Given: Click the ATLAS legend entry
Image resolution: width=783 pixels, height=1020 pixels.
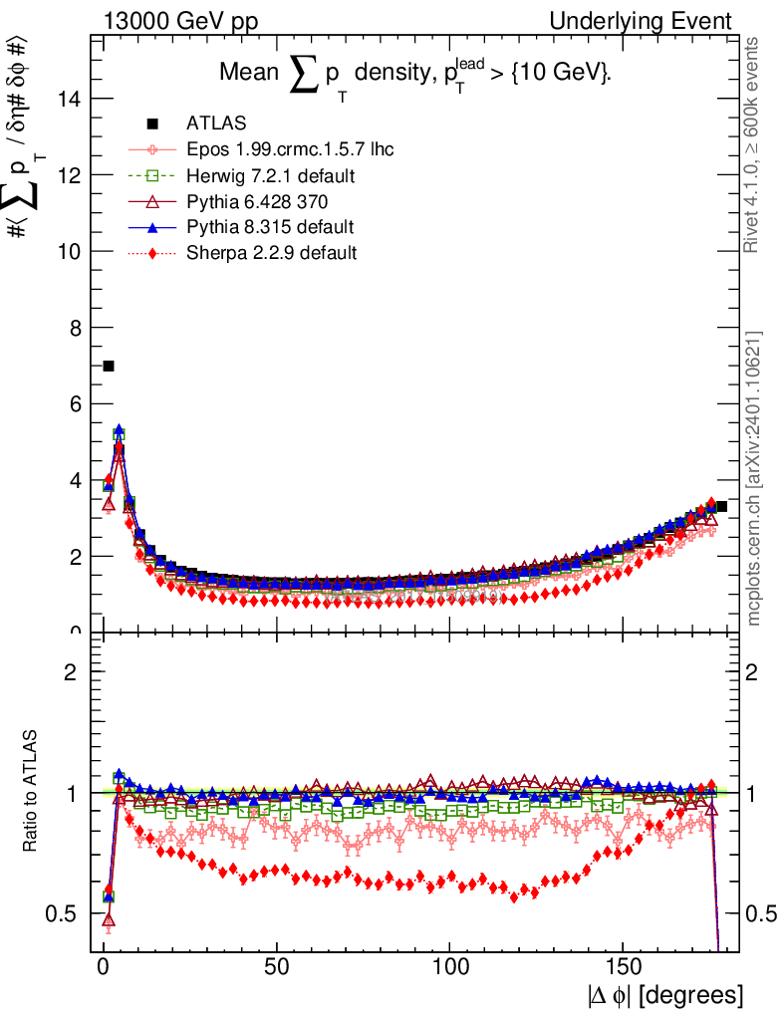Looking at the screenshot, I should click(208, 124).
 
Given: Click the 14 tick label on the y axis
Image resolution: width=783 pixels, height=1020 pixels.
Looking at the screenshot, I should click(70, 99).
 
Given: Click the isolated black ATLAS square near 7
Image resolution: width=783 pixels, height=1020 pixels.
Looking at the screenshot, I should click(109, 367).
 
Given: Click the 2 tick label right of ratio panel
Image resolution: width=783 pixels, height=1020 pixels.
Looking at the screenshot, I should click(754, 671).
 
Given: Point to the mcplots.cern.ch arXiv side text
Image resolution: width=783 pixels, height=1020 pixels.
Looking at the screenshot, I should click(755, 479).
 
